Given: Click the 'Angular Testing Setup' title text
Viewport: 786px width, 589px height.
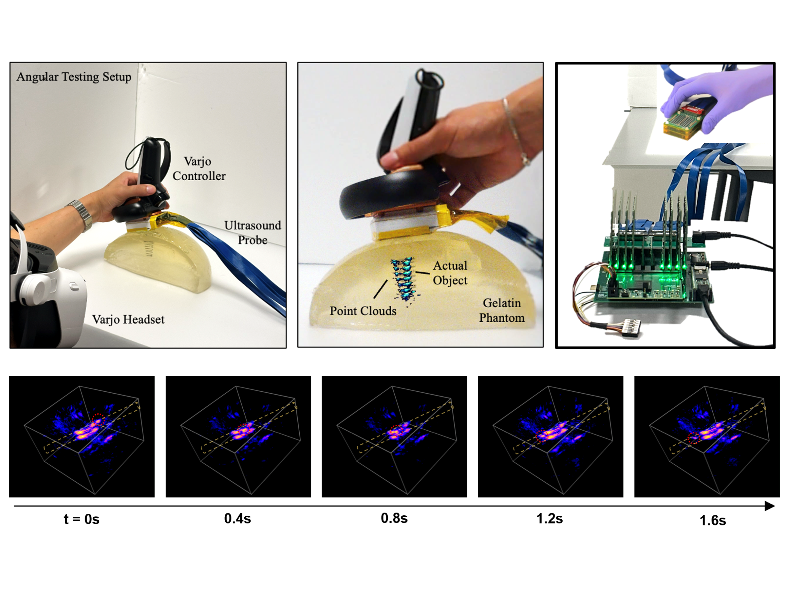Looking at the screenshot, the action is pyautogui.click(x=74, y=77).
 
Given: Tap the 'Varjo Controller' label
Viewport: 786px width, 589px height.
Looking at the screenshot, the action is pyautogui.click(x=199, y=169).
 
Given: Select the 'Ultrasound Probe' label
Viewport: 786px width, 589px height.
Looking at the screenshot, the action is pyautogui.click(x=253, y=233).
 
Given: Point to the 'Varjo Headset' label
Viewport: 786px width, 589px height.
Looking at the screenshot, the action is pyautogui.click(x=128, y=319).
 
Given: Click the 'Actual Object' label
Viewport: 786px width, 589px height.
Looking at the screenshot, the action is pyautogui.click(x=450, y=273).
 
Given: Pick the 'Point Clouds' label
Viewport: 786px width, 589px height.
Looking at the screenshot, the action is pyautogui.click(x=363, y=311).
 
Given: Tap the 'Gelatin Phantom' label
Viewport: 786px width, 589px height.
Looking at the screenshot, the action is pyautogui.click(x=502, y=310).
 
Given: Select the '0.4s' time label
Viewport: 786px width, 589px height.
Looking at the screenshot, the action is pyautogui.click(x=237, y=518).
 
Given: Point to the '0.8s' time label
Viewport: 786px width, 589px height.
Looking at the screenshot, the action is pyautogui.click(x=394, y=518).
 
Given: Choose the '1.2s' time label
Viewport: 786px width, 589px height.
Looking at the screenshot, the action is pyautogui.click(x=549, y=518).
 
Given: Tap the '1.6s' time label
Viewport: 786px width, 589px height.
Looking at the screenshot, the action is pyautogui.click(x=712, y=520).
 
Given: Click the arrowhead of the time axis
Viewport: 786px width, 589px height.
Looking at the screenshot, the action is pyautogui.click(x=770, y=506).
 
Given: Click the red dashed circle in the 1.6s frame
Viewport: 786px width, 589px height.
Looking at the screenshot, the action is pyautogui.click(x=694, y=438).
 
